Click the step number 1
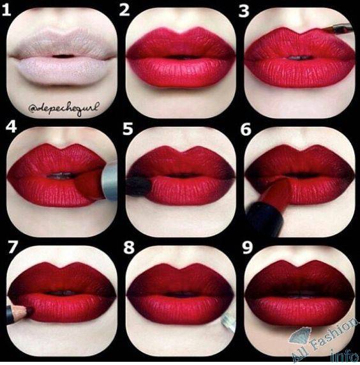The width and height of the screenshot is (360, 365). (x=6, y=10)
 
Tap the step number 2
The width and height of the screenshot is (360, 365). (x=124, y=10)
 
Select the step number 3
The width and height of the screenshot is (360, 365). (x=244, y=11)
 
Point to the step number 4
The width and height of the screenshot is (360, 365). (x=11, y=128)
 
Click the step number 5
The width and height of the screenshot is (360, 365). (x=128, y=129)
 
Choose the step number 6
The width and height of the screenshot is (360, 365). (x=246, y=130)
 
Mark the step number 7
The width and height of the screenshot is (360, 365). (x=12, y=247)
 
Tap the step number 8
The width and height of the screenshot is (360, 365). (x=129, y=248)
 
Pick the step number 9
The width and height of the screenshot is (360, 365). (x=247, y=248)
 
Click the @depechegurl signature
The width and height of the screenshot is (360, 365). (x=64, y=108)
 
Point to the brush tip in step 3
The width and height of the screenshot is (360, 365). (x=325, y=30)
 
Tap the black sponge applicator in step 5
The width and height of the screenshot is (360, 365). (x=137, y=186)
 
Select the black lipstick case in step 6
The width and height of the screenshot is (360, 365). (x=264, y=219)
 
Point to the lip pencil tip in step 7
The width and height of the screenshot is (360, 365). (x=30, y=310)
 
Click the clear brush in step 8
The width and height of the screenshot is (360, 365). (x=229, y=322)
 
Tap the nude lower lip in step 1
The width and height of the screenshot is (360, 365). (x=63, y=71)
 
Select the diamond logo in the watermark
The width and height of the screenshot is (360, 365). (x=300, y=336)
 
